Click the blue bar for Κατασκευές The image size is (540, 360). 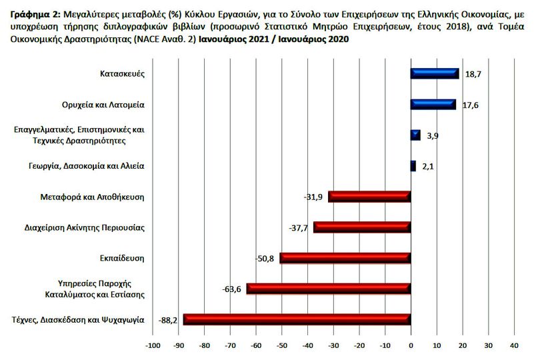(x=434, y=74)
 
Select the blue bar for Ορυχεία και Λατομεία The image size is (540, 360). (x=433, y=104)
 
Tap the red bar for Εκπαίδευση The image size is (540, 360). (x=345, y=258)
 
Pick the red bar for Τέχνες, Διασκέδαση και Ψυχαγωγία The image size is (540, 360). (x=297, y=319)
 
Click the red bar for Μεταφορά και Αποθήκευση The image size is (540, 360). (x=369, y=197)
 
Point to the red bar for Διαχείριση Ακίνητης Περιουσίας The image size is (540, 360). (x=362, y=227)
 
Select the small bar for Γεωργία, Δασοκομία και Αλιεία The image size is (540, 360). (x=413, y=166)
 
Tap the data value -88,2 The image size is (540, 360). (x=169, y=319)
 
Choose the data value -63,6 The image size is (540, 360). (x=232, y=289)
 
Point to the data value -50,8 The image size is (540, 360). (x=266, y=258)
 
